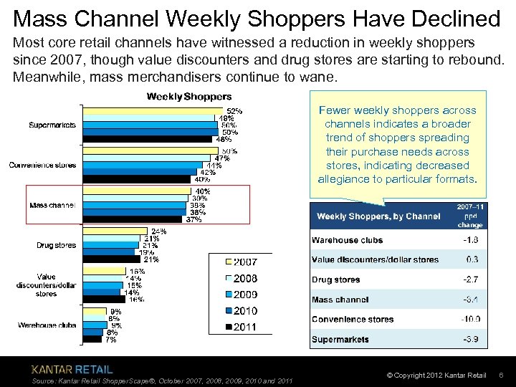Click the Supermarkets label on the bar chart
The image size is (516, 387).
(52, 125)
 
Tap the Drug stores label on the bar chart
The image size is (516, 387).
(57, 245)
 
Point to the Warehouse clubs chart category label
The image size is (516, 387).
(47, 325)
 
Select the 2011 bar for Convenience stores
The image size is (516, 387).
(137, 179)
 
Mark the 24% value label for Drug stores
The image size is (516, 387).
(158, 231)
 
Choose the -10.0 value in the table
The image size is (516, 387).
(472, 320)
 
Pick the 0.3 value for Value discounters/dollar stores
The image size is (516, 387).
(472, 259)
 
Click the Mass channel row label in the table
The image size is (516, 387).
(340, 300)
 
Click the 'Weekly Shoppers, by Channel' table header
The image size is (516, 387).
(378, 216)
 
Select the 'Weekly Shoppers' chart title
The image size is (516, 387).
(189, 96)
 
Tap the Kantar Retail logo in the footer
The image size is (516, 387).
(72, 369)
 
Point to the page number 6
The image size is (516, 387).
(501, 376)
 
